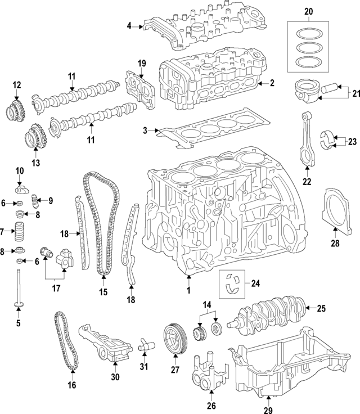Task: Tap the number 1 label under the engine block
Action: (x=189, y=290)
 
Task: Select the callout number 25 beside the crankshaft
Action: (x=322, y=308)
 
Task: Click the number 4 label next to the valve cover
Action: (x=129, y=25)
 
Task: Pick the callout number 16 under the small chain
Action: (x=72, y=385)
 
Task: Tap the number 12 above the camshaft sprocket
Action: (x=17, y=85)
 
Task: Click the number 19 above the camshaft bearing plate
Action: (x=142, y=62)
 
